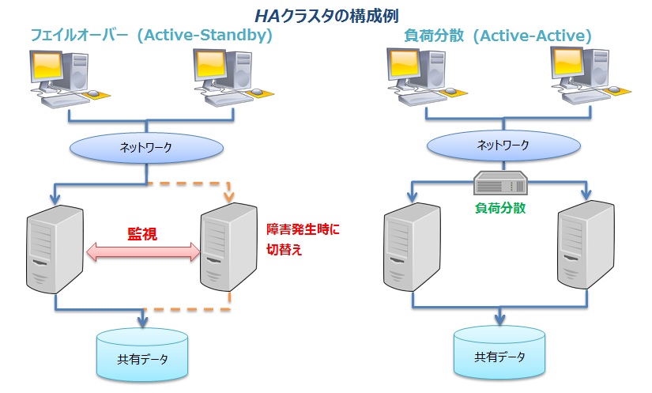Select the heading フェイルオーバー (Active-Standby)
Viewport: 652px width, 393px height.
151,36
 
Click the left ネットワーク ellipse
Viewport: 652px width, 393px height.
145,147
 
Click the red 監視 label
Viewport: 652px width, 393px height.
142,234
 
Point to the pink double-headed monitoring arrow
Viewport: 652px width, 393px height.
143,252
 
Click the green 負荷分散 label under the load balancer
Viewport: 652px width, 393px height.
500,208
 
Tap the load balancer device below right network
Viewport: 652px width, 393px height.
499,184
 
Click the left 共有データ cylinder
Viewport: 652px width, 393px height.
143,354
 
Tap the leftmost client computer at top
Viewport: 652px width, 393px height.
66,75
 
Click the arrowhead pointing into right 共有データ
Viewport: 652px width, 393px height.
499,320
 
